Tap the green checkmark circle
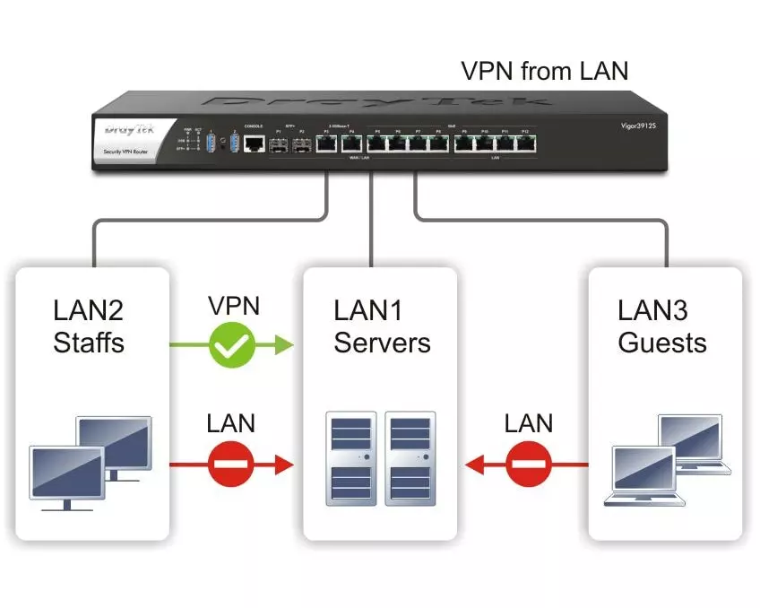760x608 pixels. click(232, 344)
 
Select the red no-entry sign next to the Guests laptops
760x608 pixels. click(528, 465)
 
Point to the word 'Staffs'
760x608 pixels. click(89, 343)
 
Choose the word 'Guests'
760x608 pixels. click(661, 343)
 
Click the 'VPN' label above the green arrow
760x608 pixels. click(233, 306)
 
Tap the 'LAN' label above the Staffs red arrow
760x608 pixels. click(231, 423)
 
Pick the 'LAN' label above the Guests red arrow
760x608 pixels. click(528, 423)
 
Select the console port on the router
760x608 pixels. click(255, 142)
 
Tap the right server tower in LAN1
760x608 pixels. click(410, 458)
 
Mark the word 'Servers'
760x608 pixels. click(382, 343)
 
